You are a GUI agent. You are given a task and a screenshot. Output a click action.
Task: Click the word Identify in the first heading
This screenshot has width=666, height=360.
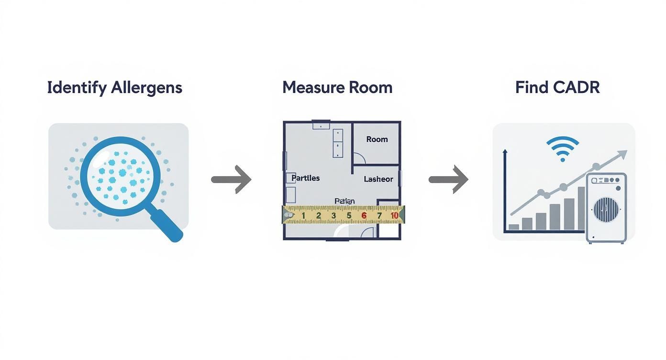point(77,88)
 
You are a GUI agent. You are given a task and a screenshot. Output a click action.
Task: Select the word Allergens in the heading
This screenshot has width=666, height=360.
point(146,88)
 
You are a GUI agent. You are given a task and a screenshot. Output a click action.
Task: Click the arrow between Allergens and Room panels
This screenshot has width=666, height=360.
point(231,180)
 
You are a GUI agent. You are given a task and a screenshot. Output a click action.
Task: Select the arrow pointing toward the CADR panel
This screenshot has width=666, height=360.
point(448,180)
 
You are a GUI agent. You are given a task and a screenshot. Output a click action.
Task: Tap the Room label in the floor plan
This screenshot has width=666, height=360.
point(377,139)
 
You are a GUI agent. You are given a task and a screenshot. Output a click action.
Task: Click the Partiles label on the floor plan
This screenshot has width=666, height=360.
point(305,178)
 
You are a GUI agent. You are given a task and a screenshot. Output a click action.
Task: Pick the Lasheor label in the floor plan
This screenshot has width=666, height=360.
point(378,179)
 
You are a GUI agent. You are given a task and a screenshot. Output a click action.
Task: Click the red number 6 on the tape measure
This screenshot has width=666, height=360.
point(364,215)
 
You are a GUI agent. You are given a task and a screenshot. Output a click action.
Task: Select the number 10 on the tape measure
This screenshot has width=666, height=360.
point(394,215)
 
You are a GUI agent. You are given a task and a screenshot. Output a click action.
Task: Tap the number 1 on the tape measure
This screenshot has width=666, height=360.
point(303,215)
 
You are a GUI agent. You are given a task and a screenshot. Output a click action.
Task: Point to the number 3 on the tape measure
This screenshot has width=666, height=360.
point(333,215)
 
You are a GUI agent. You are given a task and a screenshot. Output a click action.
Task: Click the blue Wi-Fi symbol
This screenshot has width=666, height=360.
point(563,148)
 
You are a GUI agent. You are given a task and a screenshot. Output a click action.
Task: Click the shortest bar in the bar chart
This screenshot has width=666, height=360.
point(513,227)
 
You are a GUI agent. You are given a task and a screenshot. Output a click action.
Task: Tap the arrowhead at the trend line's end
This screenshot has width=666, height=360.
point(622,154)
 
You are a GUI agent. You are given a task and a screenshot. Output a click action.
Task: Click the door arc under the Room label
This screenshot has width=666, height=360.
point(359,158)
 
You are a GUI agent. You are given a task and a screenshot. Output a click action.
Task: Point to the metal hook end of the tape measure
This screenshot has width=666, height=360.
point(287,215)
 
